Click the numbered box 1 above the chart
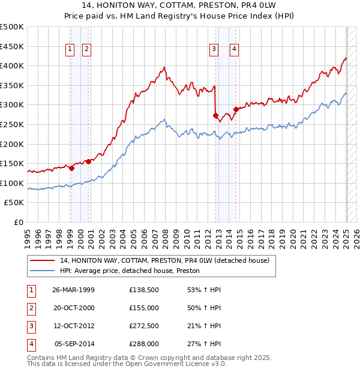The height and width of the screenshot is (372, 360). tap(71, 50)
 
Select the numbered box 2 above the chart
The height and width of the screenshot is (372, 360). tap(86, 50)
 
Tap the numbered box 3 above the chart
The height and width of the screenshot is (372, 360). tap(214, 50)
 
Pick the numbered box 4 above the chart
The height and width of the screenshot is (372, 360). tap(233, 50)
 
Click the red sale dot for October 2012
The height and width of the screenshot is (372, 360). tap(215, 115)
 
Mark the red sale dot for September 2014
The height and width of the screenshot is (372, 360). tap(236, 109)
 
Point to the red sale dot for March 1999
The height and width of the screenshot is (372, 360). tap(71, 168)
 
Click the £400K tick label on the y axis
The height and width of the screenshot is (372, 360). tap(12, 65)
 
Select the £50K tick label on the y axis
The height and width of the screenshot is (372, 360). tap(14, 203)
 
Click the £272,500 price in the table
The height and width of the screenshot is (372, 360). tap(144, 327)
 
